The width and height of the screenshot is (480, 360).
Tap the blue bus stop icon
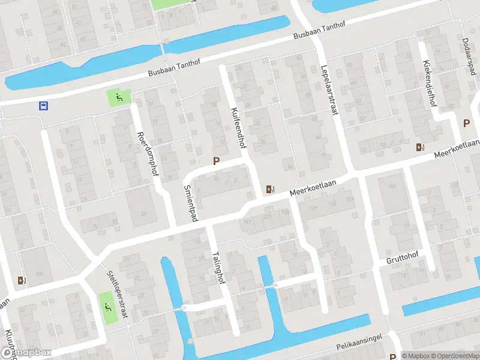[43, 106]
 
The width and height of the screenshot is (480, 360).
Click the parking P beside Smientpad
[216, 161]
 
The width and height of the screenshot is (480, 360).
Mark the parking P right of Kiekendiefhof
[466, 123]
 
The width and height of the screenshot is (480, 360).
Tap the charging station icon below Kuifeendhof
[271, 190]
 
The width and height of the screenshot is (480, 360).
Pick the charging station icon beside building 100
[22, 280]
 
